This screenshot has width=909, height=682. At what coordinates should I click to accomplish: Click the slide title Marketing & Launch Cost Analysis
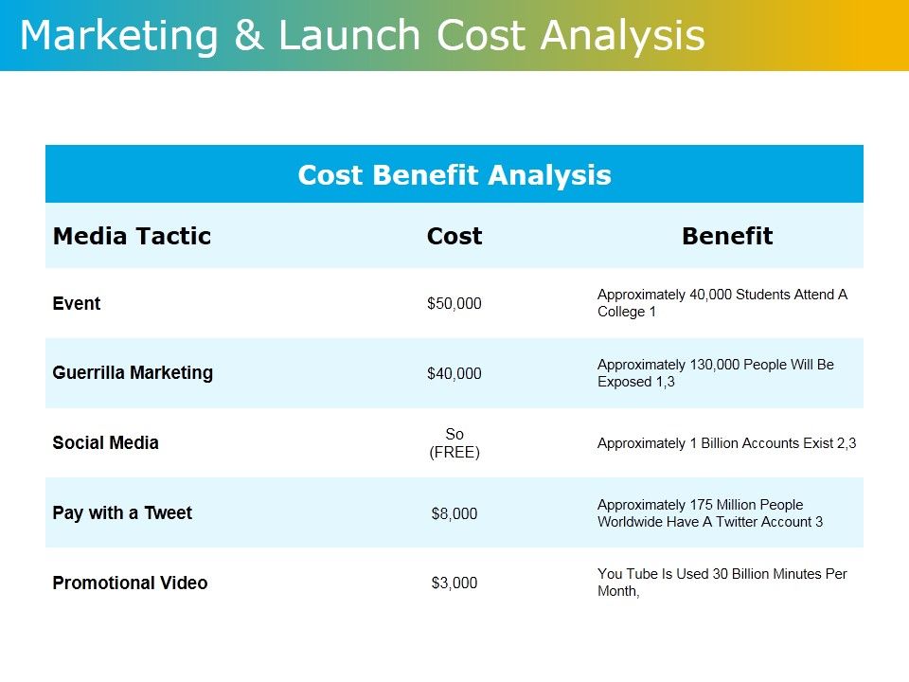[362, 36]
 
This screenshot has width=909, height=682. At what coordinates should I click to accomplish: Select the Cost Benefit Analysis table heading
[454, 175]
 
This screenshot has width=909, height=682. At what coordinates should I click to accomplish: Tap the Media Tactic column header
[132, 236]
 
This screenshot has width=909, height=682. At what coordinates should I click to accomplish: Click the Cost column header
[454, 236]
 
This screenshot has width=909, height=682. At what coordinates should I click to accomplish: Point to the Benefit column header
[727, 236]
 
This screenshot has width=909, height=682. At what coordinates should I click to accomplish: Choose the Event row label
[77, 304]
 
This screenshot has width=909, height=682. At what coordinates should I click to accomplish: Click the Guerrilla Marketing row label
[133, 373]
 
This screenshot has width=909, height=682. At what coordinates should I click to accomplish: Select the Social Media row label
[106, 443]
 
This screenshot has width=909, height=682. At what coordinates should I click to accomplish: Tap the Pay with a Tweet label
[122, 513]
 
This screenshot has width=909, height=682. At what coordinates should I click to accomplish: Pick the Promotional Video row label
[130, 583]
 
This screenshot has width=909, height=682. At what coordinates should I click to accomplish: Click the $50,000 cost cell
[454, 304]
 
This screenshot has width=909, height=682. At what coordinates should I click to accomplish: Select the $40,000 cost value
[454, 374]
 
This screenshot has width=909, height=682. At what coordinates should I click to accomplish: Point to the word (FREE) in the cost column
[454, 453]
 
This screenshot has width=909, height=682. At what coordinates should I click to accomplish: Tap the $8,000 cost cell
[454, 514]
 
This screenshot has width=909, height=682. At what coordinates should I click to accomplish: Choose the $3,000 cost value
[454, 583]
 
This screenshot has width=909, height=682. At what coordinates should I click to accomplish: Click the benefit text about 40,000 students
[722, 303]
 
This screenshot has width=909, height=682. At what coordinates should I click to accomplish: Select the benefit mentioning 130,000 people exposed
[715, 373]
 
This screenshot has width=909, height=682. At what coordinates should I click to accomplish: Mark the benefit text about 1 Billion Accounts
[726, 443]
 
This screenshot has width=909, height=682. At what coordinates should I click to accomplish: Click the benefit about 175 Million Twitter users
[709, 513]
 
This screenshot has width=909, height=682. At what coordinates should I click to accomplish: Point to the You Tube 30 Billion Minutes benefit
[722, 583]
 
